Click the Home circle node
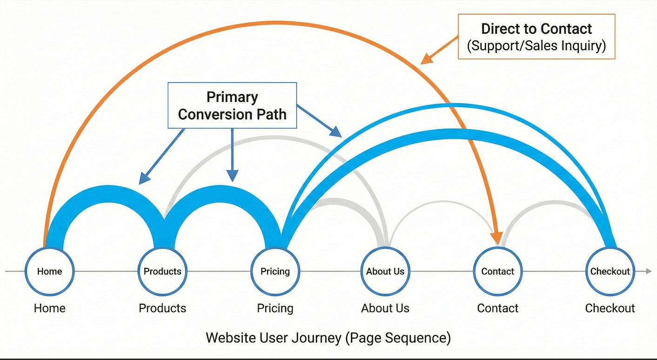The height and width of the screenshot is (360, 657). click(49, 271)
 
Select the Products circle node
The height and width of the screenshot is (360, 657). click(162, 271)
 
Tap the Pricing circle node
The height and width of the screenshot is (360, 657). click(275, 271)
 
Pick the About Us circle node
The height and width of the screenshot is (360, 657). click(385, 271)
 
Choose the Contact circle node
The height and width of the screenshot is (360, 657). click(497, 271)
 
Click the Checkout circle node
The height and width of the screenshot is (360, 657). click(610, 271)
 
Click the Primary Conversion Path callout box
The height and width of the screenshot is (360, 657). click(232, 105)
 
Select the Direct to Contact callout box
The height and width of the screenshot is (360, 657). click(536, 37)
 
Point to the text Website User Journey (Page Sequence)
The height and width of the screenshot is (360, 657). click(328, 337)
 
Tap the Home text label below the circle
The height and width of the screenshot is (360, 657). click(49, 308)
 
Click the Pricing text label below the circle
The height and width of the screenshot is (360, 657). click(275, 308)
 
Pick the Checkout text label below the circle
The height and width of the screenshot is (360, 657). click(610, 308)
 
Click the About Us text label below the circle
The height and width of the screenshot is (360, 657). click(385, 308)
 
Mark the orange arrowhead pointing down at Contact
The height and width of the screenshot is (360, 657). click(497, 239)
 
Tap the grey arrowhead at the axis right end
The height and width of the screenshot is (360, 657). click(648, 271)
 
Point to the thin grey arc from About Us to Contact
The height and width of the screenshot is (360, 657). click(442, 201)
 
